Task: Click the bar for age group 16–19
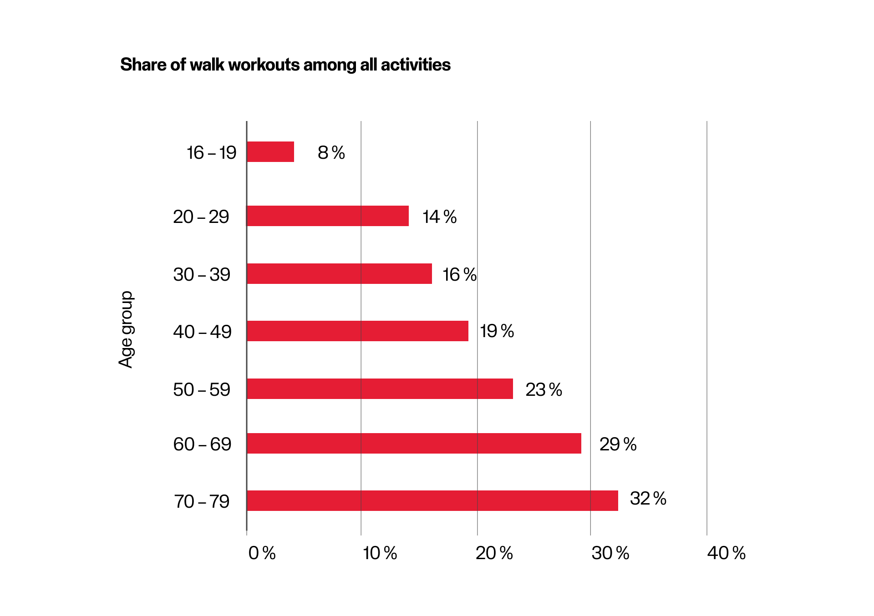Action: point(270,152)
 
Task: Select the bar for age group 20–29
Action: point(328,216)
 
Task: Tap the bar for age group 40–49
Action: point(357,331)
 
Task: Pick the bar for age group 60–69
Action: point(414,444)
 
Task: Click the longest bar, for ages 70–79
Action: point(432,501)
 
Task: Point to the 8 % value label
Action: point(331,153)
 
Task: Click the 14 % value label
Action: point(439,217)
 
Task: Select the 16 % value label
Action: point(459,275)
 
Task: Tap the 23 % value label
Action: point(544,390)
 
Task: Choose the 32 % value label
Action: point(648,499)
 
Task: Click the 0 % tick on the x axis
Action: point(262,553)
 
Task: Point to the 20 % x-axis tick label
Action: point(494,553)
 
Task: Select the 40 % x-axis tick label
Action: point(726,553)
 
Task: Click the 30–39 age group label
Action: point(202,275)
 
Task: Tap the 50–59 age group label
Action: point(202,390)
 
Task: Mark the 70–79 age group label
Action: point(202,502)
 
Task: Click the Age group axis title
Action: point(126,329)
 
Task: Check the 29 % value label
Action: point(618,444)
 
